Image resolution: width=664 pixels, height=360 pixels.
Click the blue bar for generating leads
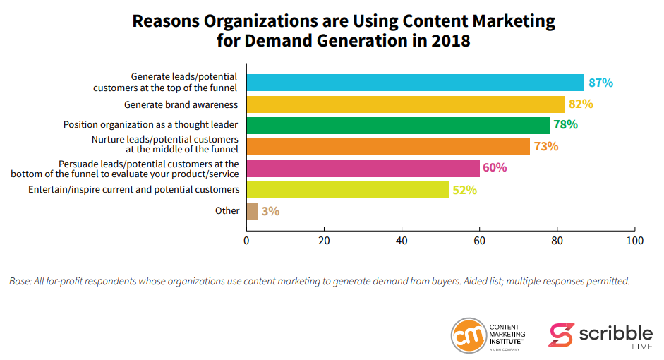click(415, 83)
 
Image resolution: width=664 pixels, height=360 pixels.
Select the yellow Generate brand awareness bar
click(406, 104)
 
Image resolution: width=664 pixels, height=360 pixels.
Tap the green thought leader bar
click(397, 126)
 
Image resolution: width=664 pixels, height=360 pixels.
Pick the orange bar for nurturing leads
click(387, 147)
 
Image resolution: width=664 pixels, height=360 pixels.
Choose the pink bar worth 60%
click(363, 168)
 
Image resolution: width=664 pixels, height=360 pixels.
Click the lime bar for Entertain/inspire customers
click(347, 190)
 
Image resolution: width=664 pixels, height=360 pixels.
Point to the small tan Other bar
click(252, 211)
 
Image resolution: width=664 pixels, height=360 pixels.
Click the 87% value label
click(600, 83)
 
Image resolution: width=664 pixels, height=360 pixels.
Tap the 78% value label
click(565, 125)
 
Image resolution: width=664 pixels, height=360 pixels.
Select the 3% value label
click(270, 211)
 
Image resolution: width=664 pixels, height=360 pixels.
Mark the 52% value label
click(464, 190)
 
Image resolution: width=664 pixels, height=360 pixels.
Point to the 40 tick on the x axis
click(402, 241)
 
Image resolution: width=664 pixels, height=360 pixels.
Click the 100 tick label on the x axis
click(635, 241)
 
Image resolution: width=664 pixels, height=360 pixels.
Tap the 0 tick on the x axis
click(246, 241)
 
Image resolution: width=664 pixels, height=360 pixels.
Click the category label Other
click(227, 210)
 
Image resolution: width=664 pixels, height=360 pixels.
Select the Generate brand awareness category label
click(181, 104)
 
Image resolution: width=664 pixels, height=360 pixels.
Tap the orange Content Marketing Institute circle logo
click(467, 335)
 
